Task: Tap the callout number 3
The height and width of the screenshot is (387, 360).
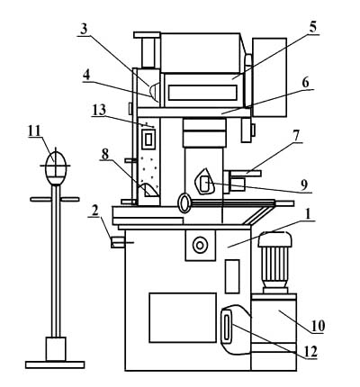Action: tap(84, 29)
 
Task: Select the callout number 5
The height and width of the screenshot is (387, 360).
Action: tap(312, 28)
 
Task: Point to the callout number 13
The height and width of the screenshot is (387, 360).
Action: tap(99, 110)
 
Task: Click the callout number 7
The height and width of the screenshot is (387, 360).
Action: tap(296, 136)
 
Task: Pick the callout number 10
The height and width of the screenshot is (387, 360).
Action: tap(319, 326)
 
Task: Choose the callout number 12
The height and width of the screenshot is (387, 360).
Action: tap(310, 353)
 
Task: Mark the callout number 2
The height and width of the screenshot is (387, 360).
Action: tap(94, 212)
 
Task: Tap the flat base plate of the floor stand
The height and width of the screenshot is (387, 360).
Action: tap(55, 364)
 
